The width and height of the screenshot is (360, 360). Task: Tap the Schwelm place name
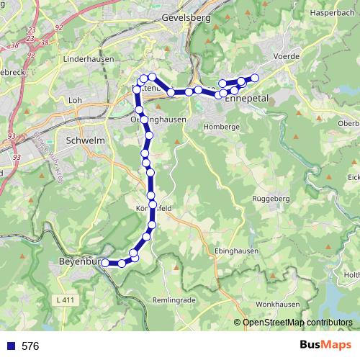tap(80, 140)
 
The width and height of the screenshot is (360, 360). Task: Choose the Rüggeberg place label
tap(269, 199)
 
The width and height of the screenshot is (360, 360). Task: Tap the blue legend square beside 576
tap(10, 346)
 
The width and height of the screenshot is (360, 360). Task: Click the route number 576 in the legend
tap(30, 346)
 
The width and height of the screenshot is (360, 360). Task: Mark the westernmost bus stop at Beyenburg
tap(105, 263)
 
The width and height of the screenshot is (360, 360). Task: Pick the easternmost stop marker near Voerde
tap(254, 78)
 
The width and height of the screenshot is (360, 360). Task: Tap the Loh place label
tap(74, 100)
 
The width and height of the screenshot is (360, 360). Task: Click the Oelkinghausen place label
tap(159, 119)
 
